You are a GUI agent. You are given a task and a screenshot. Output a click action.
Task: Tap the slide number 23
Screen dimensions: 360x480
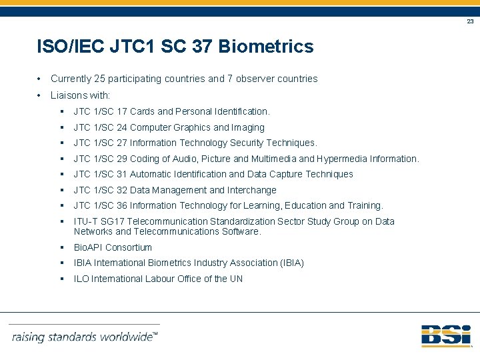[x=470, y=21]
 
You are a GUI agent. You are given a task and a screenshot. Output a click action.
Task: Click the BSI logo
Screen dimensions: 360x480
[x=446, y=335]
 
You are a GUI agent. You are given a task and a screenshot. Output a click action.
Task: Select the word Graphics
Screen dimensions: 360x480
[x=192, y=127]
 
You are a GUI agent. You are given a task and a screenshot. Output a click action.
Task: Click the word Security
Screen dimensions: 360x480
[x=249, y=143]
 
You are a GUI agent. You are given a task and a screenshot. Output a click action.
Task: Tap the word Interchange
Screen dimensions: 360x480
[x=252, y=190]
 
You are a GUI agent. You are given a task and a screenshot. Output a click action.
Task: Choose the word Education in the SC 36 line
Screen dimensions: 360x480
[x=305, y=205]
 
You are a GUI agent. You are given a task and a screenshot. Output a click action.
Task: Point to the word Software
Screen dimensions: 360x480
[x=242, y=231]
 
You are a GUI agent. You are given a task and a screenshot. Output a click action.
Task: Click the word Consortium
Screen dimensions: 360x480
[x=129, y=247]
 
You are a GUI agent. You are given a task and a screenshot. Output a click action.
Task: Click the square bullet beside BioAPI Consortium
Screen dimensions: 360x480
[x=61, y=247]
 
